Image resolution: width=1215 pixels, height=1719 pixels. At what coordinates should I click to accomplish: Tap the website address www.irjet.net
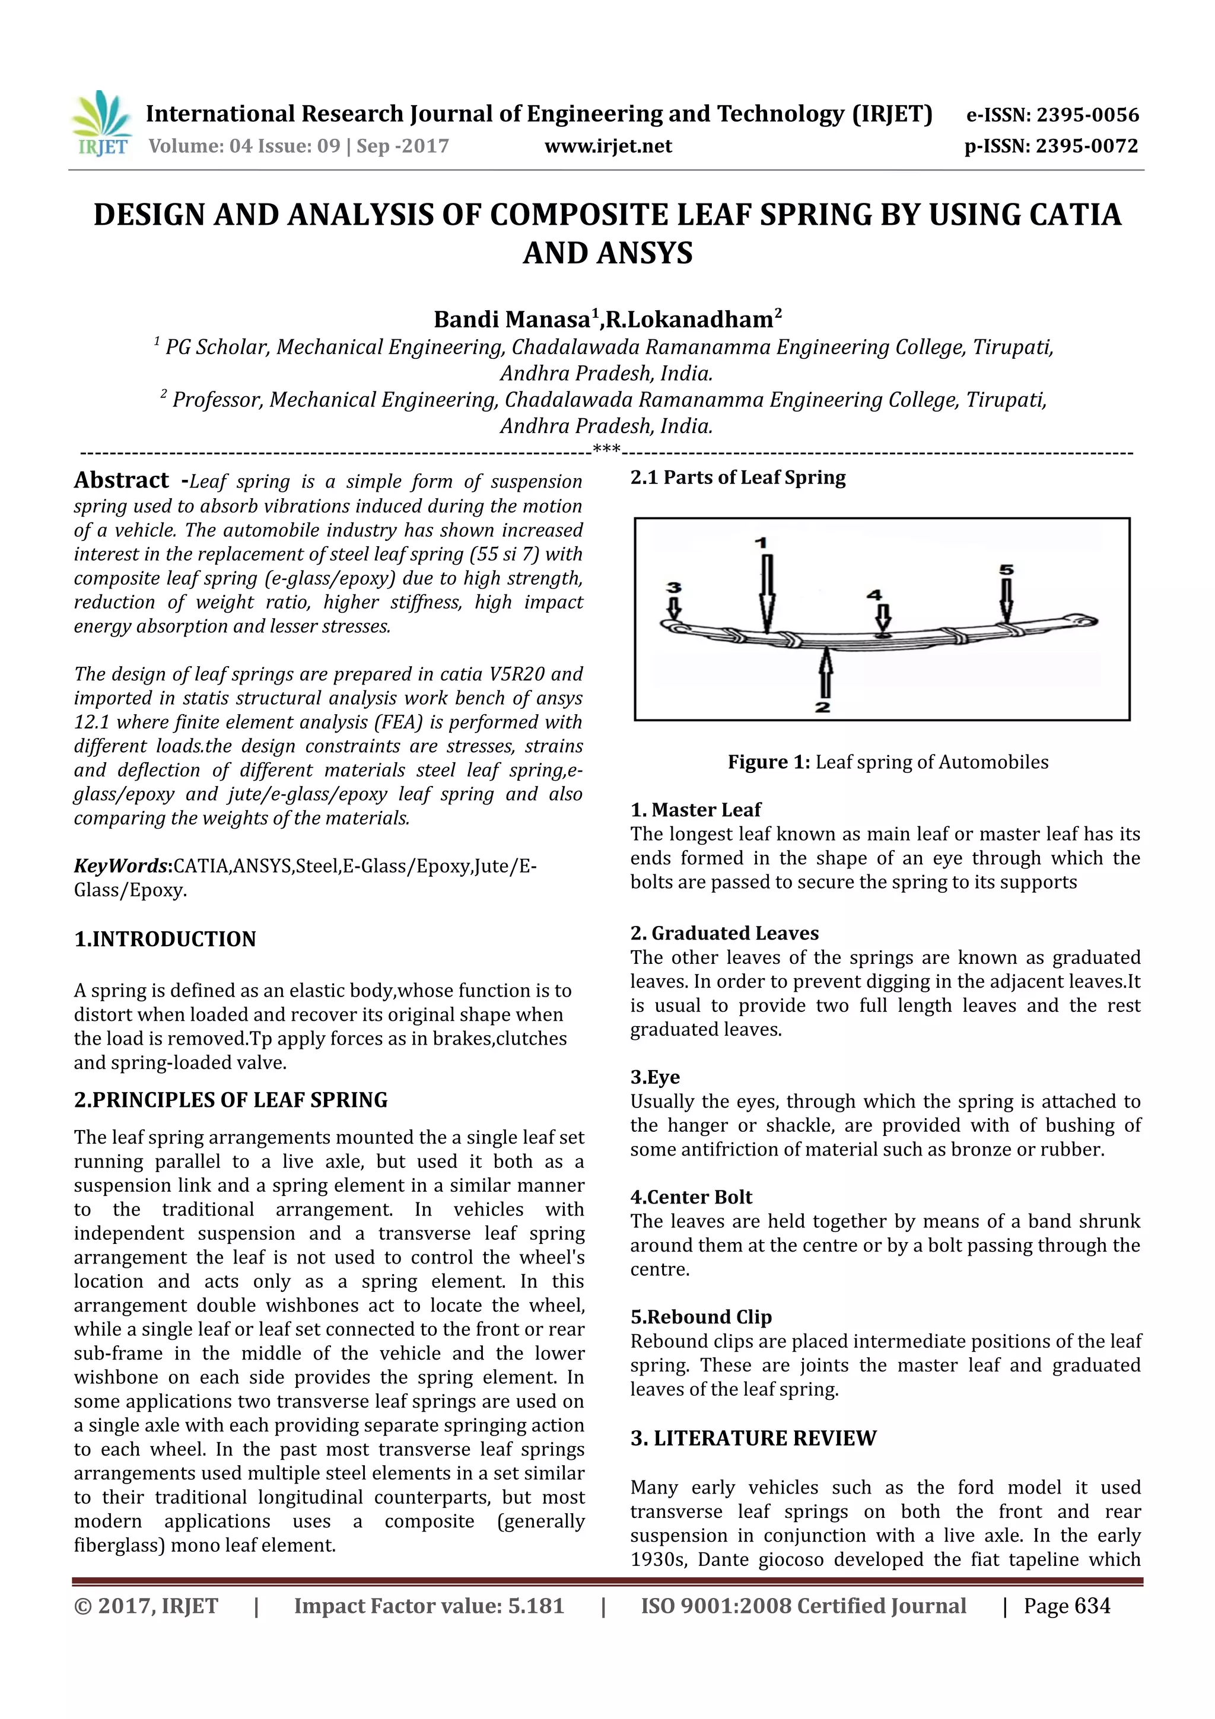608,146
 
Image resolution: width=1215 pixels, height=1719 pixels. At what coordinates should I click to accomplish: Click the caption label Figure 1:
769,762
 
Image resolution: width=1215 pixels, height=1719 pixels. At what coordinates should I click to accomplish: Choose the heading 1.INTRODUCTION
165,939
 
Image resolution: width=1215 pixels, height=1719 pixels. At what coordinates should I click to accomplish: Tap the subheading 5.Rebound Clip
701,1317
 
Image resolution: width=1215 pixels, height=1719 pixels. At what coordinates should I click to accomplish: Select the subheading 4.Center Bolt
691,1197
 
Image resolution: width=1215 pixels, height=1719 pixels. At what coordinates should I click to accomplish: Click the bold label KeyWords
121,866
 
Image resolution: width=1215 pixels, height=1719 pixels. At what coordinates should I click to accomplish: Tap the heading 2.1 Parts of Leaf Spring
737,477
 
